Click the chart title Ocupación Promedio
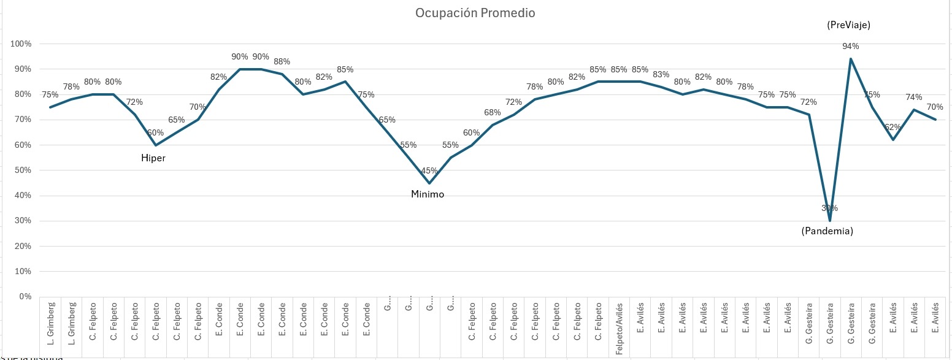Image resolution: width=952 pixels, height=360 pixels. [475, 13]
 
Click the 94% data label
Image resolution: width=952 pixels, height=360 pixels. [851, 46]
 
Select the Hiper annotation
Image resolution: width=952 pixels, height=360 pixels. [153, 158]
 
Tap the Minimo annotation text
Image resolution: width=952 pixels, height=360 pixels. [428, 194]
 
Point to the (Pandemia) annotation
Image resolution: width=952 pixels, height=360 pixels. [827, 231]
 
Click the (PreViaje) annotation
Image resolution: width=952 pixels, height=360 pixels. [849, 25]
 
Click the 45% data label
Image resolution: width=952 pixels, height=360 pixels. [429, 170]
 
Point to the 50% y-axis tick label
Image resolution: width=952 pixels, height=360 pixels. [23, 170]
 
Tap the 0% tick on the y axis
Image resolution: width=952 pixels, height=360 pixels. [25, 297]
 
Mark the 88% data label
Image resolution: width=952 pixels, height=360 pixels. [282, 61]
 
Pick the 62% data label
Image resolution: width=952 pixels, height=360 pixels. [893, 128]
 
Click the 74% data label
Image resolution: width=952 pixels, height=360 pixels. [914, 97]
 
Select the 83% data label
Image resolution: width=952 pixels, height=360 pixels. [661, 74]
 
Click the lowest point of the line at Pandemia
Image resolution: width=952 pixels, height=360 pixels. [830, 221]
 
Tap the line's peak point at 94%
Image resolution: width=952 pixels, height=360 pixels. [851, 58]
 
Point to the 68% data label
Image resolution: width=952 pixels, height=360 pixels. [493, 112]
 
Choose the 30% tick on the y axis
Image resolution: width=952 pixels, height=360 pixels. [23, 221]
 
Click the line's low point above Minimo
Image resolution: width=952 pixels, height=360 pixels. [429, 183]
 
